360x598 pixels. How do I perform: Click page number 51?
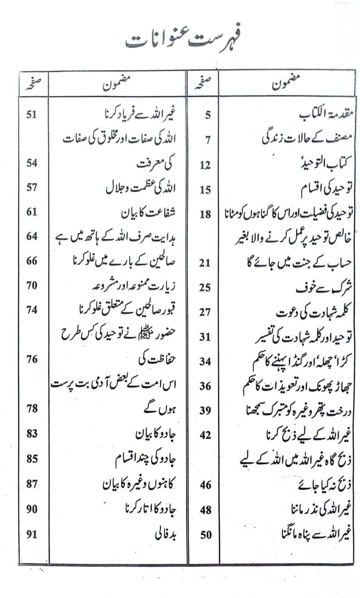[x=31, y=114]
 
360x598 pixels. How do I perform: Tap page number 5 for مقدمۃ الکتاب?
[x=208, y=115]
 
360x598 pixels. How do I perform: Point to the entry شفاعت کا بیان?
[x=148, y=213]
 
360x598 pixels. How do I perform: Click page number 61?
[x=32, y=212]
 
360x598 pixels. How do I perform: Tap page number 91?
[x=32, y=534]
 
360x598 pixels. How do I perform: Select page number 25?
[x=205, y=287]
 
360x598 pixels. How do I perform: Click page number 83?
[x=32, y=434]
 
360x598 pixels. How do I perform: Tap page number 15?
[x=205, y=190]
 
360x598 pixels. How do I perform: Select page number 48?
[x=205, y=510]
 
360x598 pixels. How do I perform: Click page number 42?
[x=205, y=435]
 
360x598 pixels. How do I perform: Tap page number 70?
[x=32, y=286]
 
